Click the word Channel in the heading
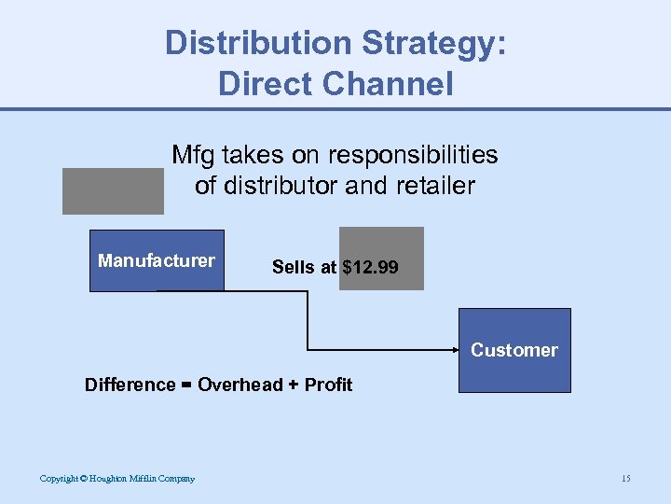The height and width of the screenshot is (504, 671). point(389,84)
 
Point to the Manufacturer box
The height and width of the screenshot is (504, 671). point(157,261)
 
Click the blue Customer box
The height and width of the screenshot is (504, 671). point(514,350)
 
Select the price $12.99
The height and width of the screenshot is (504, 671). point(371,268)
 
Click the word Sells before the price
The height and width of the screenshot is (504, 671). point(294,268)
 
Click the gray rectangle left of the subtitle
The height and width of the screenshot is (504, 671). point(113,191)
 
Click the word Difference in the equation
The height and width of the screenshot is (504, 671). point(130,385)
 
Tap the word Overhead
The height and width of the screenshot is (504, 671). point(240,385)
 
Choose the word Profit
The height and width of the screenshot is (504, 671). point(328,385)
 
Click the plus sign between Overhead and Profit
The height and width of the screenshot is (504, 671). point(294,385)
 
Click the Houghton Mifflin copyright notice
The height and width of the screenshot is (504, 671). point(117,479)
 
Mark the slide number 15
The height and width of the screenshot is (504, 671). point(625,479)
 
